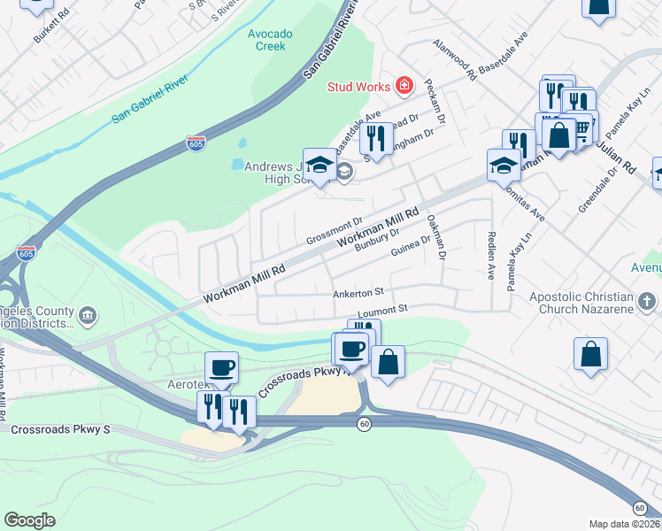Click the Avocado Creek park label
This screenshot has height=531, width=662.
(x=269, y=40)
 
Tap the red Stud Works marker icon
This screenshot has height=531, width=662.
(x=404, y=85)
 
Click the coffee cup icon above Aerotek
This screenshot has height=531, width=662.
(x=221, y=366)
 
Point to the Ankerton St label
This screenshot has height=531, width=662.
(x=358, y=291)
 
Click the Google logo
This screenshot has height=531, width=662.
(x=29, y=520)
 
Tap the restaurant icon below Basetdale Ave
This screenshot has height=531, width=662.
(x=377, y=139)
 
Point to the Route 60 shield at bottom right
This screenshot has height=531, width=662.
(x=639, y=507)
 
